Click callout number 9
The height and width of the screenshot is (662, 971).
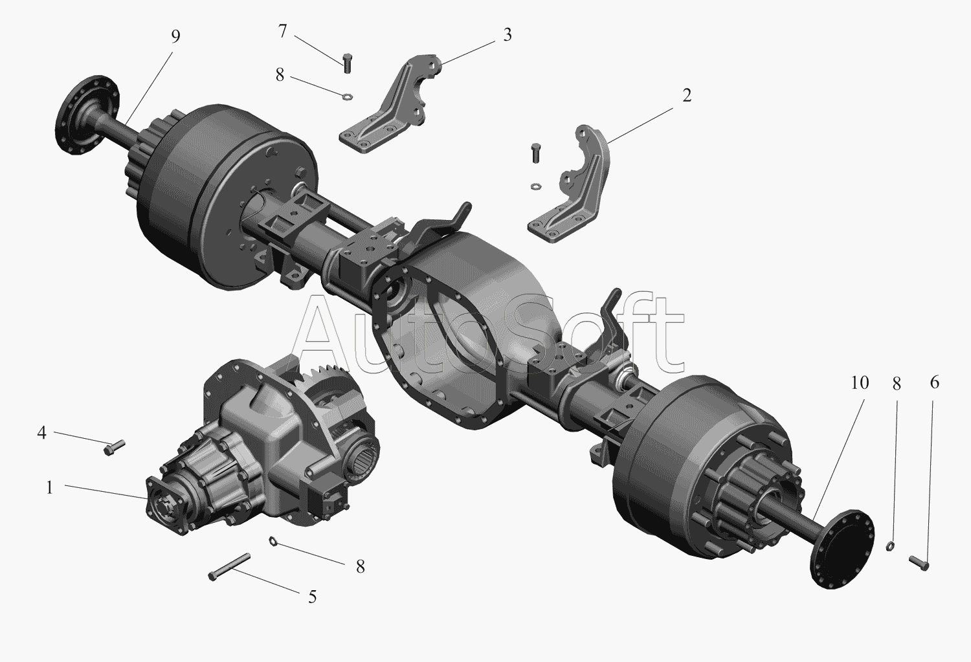click(175, 37)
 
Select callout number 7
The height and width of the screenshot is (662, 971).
click(282, 31)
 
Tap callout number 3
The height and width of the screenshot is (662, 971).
click(507, 35)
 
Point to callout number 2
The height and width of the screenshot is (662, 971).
click(686, 95)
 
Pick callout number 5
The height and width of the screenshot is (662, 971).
click(312, 597)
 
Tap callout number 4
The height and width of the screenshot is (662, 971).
click(41, 432)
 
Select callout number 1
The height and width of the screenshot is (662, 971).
click(49, 488)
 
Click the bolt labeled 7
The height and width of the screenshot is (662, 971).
click(347, 63)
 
